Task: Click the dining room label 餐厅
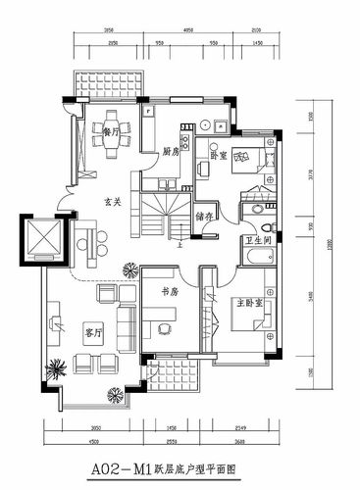pos(111,129)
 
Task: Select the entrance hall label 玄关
pos(114,202)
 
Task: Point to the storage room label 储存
pos(205,217)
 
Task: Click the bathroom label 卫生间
pos(258,240)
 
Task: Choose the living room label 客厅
pos(93,333)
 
